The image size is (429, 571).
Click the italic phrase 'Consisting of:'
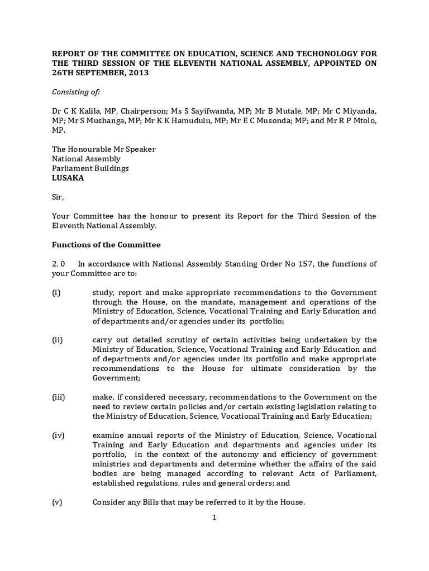point(75,91)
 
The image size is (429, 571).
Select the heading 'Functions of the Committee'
point(106,244)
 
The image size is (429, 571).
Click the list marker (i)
point(56,292)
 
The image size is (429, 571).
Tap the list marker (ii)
point(58,340)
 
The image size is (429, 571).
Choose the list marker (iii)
point(59,397)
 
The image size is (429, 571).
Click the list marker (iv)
point(59,435)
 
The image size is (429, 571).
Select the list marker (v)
point(58,502)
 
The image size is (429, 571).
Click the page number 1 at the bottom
point(214,517)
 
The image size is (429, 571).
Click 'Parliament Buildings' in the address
point(90,168)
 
